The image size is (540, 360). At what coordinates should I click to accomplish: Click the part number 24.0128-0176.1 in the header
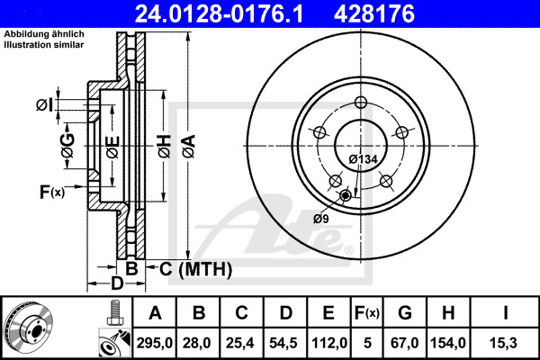click(219, 13)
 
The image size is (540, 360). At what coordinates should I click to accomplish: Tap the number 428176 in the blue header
click(374, 13)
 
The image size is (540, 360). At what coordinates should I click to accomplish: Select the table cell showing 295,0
click(154, 343)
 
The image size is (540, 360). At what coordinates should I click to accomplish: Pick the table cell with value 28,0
click(196, 343)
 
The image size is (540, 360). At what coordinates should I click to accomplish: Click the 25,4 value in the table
click(239, 343)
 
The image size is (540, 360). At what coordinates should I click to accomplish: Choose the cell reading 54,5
click(283, 343)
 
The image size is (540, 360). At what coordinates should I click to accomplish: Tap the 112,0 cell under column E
click(329, 343)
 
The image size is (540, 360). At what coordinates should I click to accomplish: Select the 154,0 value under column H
click(448, 343)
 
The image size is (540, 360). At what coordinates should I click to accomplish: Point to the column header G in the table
click(405, 313)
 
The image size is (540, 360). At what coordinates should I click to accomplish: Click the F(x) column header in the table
click(367, 313)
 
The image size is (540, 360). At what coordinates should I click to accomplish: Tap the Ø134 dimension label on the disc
click(363, 159)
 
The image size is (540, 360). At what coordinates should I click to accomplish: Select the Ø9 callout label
click(321, 219)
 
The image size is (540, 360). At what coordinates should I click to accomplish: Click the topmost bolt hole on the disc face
click(361, 103)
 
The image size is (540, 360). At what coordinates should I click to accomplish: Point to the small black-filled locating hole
click(345, 195)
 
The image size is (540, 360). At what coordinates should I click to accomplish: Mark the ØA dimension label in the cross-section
click(189, 146)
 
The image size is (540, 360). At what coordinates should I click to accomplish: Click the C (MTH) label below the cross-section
click(195, 269)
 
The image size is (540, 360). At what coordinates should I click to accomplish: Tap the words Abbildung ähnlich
click(44, 34)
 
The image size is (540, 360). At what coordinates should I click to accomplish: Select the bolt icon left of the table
click(114, 312)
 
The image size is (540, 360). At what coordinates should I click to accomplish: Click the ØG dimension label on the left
click(67, 146)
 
